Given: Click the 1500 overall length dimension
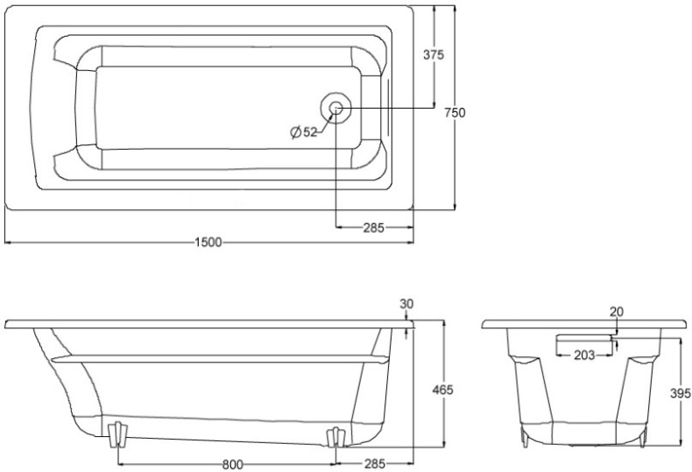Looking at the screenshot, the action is [x=208, y=243].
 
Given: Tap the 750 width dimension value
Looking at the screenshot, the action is [x=455, y=112].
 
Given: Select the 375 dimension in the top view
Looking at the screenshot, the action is [x=434, y=54].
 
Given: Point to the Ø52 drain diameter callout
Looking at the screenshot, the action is [x=304, y=131].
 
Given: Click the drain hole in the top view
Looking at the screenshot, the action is [x=335, y=108].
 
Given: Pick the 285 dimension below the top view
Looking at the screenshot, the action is [x=373, y=228].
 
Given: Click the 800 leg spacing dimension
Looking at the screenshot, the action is [x=232, y=464].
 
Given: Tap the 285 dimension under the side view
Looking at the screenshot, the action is [x=374, y=463].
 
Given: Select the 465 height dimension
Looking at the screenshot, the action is [x=442, y=390].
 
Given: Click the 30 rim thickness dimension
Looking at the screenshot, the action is [x=406, y=304].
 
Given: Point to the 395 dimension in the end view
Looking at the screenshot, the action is [x=681, y=392].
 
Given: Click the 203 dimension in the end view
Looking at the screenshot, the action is [x=584, y=355].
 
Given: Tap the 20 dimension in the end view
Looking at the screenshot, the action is [x=617, y=312].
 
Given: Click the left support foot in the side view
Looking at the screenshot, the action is [x=117, y=434].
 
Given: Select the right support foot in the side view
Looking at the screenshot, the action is [x=335, y=437].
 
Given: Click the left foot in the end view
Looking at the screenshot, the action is [x=525, y=436].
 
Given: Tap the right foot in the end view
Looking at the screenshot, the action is [x=643, y=436].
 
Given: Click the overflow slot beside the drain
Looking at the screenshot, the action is [x=388, y=107].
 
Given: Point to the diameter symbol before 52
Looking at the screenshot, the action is [x=296, y=132].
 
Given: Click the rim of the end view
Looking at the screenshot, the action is [x=584, y=324].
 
